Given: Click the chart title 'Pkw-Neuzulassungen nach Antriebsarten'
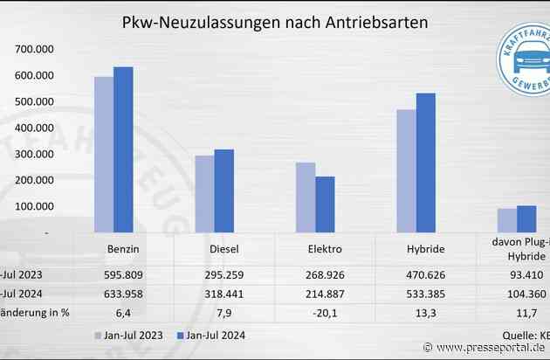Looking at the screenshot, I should tap(274, 23).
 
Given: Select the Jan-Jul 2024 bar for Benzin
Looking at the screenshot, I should tap(123, 149).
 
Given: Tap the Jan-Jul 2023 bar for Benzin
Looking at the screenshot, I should tap(104, 155).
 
